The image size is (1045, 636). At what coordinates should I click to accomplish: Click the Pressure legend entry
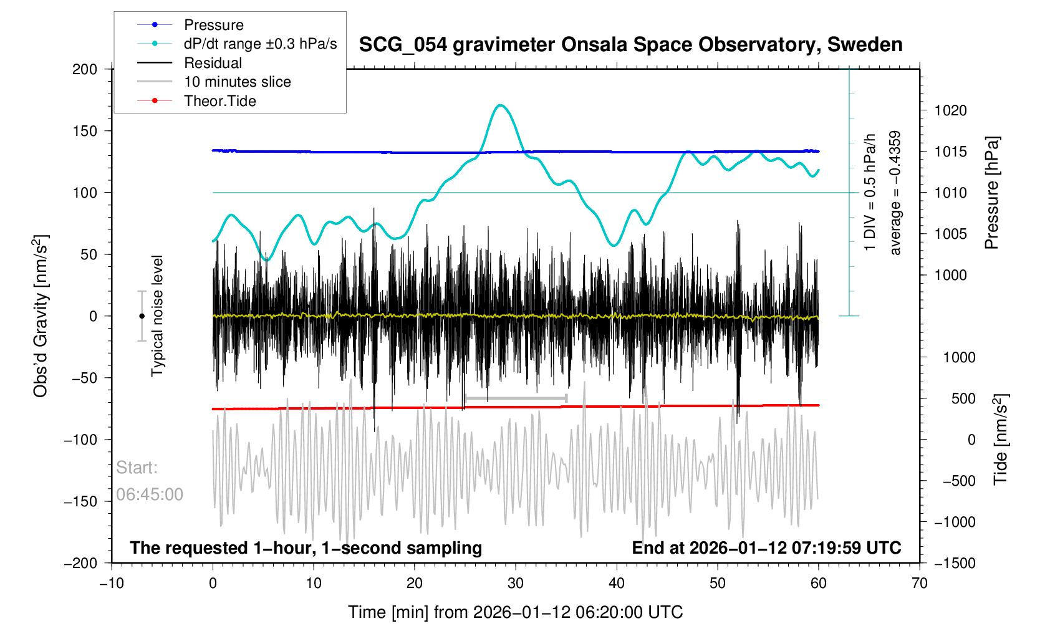pyautogui.click(x=213, y=25)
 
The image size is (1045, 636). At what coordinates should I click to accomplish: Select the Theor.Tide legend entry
pyautogui.click(x=219, y=101)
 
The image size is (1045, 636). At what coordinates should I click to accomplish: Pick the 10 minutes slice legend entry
pyautogui.click(x=237, y=82)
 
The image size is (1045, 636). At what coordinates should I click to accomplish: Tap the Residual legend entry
pyautogui.click(x=213, y=63)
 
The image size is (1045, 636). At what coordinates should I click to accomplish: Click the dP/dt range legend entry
pyautogui.click(x=260, y=44)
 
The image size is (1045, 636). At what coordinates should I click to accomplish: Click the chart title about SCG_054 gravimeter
pyautogui.click(x=630, y=45)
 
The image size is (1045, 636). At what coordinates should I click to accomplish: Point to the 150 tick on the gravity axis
pyautogui.click(x=85, y=131)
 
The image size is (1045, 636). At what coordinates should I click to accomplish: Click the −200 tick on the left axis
pyautogui.click(x=81, y=563)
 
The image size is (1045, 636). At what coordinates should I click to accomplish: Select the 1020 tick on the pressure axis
pyautogui.click(x=950, y=111)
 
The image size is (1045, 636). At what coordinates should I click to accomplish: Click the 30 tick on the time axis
pyautogui.click(x=516, y=584)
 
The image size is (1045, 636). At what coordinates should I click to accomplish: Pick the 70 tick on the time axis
pyautogui.click(x=920, y=584)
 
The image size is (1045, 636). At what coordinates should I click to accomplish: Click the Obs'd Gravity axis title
pyautogui.click(x=41, y=316)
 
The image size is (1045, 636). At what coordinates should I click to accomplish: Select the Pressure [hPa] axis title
pyautogui.click(x=991, y=193)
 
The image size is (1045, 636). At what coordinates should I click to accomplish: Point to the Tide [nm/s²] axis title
pyautogui.click(x=1000, y=440)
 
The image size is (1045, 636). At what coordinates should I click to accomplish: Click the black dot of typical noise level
pyautogui.click(x=142, y=316)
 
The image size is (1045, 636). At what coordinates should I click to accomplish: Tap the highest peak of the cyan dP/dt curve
pyautogui.click(x=500, y=105)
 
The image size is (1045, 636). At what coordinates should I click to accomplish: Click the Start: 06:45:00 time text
pyautogui.click(x=150, y=481)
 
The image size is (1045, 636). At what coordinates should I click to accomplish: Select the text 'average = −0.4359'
pyautogui.click(x=895, y=193)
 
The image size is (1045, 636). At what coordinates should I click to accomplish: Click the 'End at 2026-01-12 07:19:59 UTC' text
pyautogui.click(x=766, y=548)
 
